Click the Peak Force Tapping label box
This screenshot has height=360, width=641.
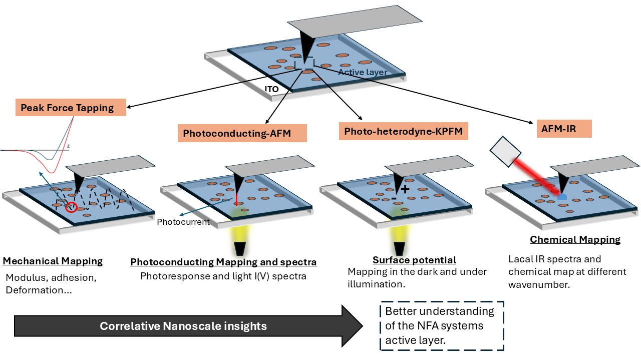click(x=71, y=108)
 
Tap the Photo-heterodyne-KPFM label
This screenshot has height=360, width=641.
click(x=403, y=131)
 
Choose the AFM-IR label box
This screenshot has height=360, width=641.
click(x=558, y=129)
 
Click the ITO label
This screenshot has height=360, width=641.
click(x=271, y=89)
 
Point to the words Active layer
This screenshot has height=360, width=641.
click(x=363, y=72)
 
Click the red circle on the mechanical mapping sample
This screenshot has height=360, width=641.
click(x=71, y=207)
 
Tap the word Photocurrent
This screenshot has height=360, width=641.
click(x=183, y=222)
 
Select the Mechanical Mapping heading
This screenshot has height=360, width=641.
click(x=53, y=261)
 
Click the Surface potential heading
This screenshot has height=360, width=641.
click(x=414, y=260)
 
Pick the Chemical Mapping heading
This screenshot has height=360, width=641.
click(x=575, y=240)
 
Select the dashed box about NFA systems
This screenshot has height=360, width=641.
click(x=441, y=326)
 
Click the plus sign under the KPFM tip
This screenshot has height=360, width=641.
click(x=405, y=189)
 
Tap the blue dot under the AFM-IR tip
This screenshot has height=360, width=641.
click(x=562, y=196)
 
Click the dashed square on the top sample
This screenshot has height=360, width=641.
click(x=304, y=64)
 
